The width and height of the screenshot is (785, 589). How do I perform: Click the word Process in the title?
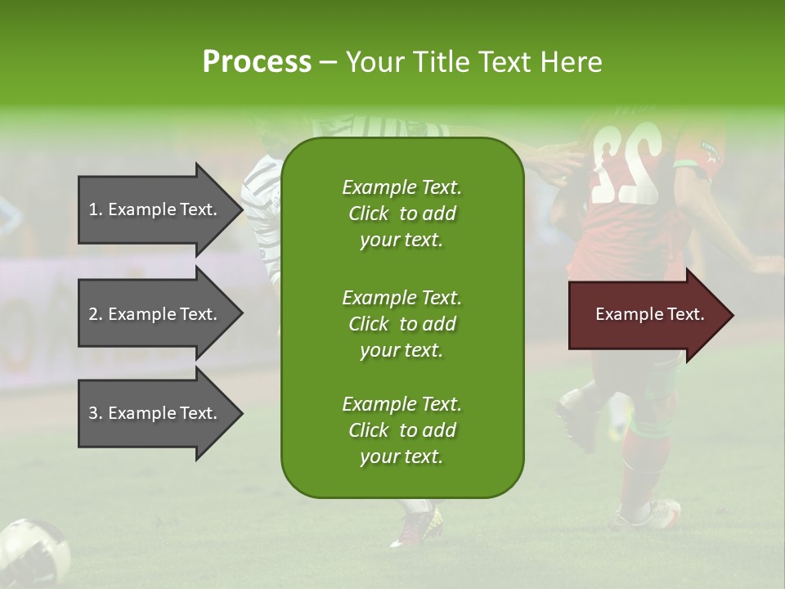[257, 62]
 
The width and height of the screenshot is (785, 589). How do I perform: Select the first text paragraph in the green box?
[401, 214]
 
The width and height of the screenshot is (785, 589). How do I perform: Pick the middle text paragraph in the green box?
[401, 324]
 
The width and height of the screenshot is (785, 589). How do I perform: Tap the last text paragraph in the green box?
[401, 430]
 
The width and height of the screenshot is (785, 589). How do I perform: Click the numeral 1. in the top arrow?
[96, 209]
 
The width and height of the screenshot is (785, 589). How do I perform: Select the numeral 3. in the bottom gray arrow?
[96, 413]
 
